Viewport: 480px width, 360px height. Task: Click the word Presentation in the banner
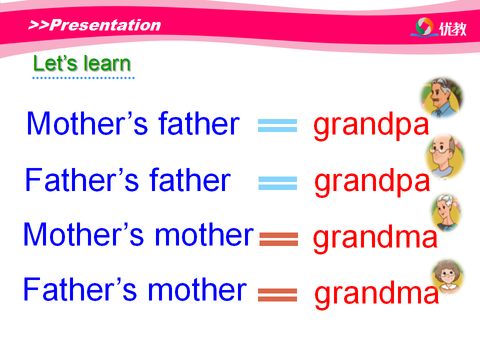click(x=105, y=25)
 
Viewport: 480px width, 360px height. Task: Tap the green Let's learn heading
click(x=82, y=63)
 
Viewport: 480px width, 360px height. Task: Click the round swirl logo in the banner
click(x=424, y=26)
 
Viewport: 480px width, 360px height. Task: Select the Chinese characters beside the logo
click(x=453, y=29)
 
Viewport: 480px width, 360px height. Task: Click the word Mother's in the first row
click(x=87, y=123)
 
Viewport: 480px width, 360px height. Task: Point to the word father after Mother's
click(x=199, y=123)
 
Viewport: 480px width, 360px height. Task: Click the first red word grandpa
click(x=371, y=125)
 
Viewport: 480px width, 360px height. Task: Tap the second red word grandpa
click(x=372, y=182)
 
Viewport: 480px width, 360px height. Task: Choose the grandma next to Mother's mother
click(x=375, y=238)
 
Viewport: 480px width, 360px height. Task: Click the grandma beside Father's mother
click(x=377, y=294)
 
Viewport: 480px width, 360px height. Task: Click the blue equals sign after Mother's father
click(x=277, y=125)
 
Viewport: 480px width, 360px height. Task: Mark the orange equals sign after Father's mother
click(x=277, y=295)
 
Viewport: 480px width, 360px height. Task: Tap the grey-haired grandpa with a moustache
click(x=441, y=97)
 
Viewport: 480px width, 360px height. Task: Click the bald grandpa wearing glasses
click(x=445, y=156)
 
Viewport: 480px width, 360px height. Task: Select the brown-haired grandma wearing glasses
click(x=447, y=276)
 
